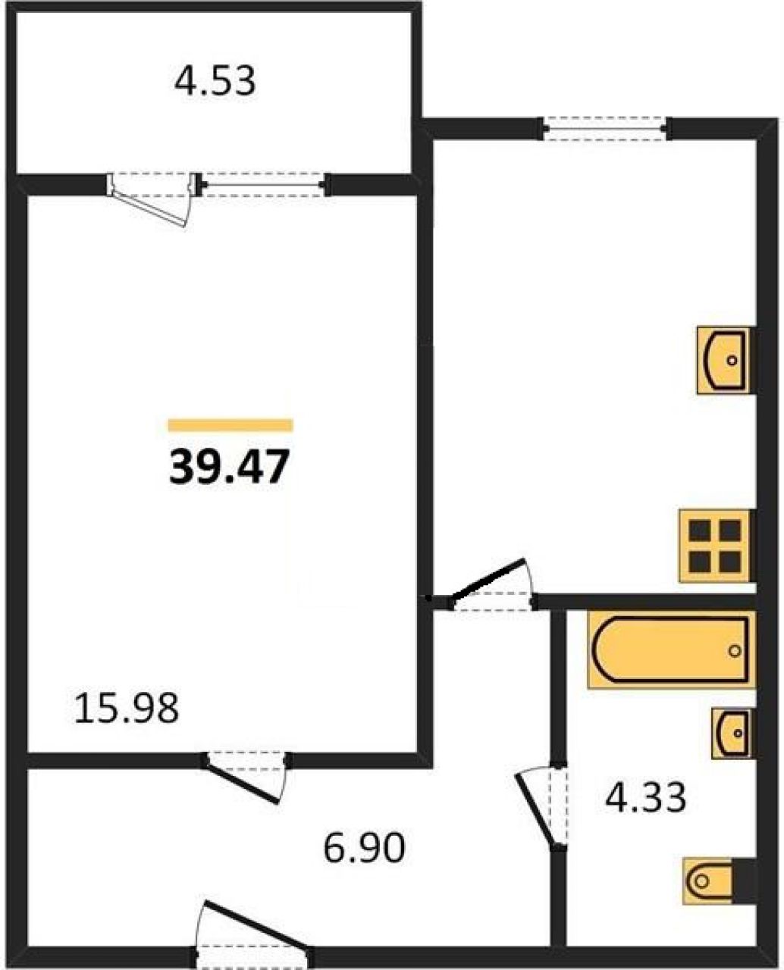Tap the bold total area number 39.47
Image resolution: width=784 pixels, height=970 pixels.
tap(229, 466)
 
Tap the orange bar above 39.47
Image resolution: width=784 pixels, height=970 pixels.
tap(230, 425)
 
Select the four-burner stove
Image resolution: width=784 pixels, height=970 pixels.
tap(715, 546)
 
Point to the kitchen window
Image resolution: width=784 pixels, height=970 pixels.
tap(606, 130)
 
